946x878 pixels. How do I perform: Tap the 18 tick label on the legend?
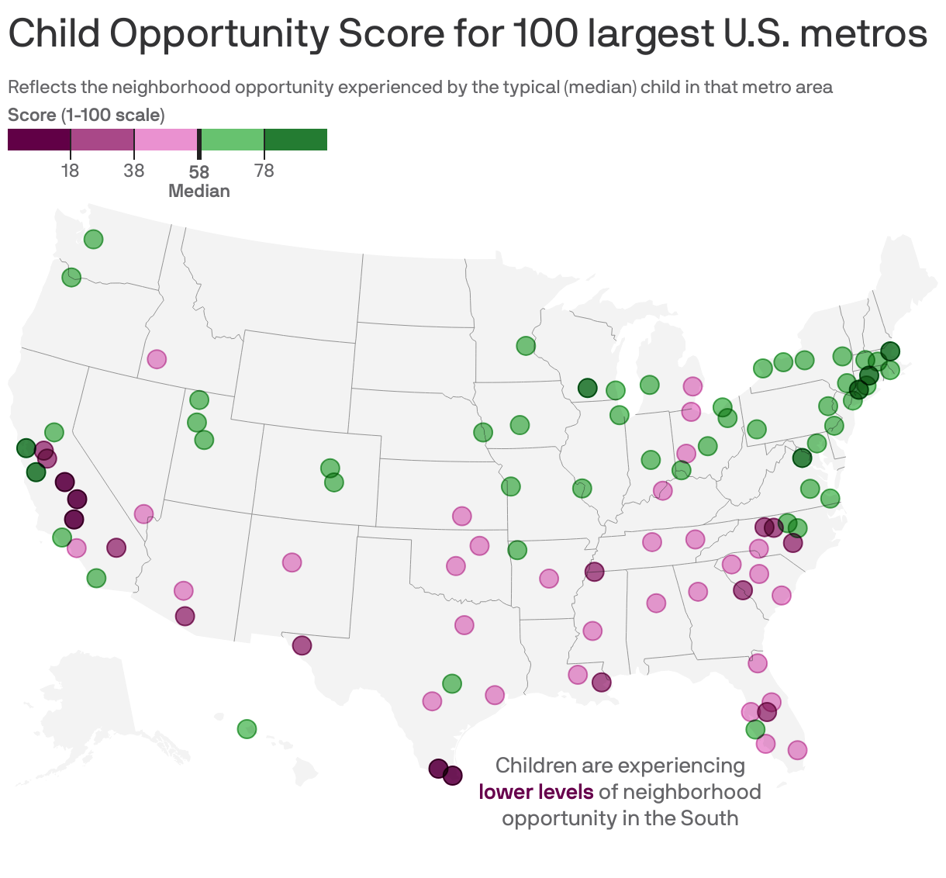point(71,171)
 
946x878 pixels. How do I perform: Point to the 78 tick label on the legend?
point(264,171)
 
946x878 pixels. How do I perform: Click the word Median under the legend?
point(199,192)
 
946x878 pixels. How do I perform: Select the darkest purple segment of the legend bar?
point(39,140)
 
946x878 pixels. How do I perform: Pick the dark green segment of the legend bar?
point(295,140)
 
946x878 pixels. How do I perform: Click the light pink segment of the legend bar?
point(165,140)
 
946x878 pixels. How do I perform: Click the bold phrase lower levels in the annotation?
point(536,792)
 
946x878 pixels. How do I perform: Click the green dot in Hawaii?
point(247,729)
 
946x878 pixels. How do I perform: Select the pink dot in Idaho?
point(157,359)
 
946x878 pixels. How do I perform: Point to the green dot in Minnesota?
point(526,346)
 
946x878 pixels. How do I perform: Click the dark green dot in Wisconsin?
point(587,388)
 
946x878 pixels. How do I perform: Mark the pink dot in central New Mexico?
point(292,562)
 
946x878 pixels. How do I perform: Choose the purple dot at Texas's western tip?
point(302,645)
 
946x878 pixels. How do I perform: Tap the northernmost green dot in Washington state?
point(93,239)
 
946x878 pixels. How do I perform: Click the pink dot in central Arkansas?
point(549,579)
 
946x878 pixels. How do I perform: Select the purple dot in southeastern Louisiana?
point(601,683)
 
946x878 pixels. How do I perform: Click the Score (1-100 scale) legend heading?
point(86,116)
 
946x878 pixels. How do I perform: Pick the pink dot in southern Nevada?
point(143,513)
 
